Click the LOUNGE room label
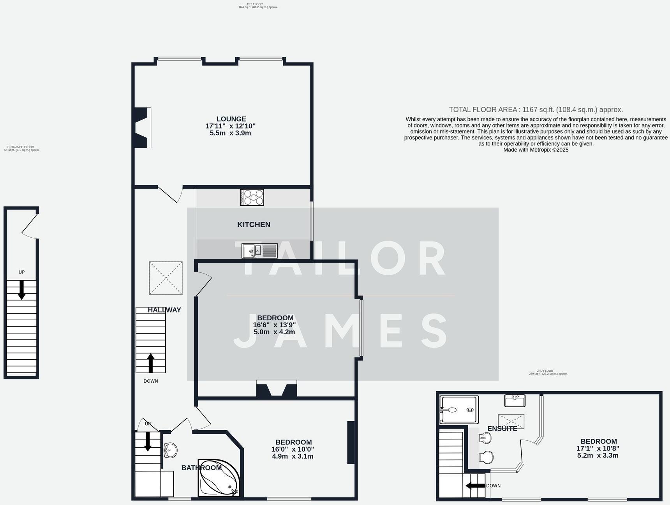(x=231, y=119)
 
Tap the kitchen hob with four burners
(x=252, y=197)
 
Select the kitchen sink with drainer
(x=259, y=251)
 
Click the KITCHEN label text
(x=254, y=224)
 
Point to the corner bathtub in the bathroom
(x=218, y=479)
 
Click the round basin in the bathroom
(x=170, y=450)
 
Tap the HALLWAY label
(x=164, y=310)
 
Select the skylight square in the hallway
(x=166, y=278)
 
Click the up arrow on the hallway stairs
(x=150, y=363)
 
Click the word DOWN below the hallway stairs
(x=151, y=381)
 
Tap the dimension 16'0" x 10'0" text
(x=293, y=449)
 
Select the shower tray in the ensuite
(x=458, y=410)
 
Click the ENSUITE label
(x=502, y=429)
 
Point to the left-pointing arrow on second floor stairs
(x=475, y=486)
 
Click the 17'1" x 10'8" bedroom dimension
(x=598, y=448)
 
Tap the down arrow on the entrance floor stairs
(x=21, y=290)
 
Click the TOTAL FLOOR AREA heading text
(x=536, y=109)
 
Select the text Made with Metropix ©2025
(x=536, y=150)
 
